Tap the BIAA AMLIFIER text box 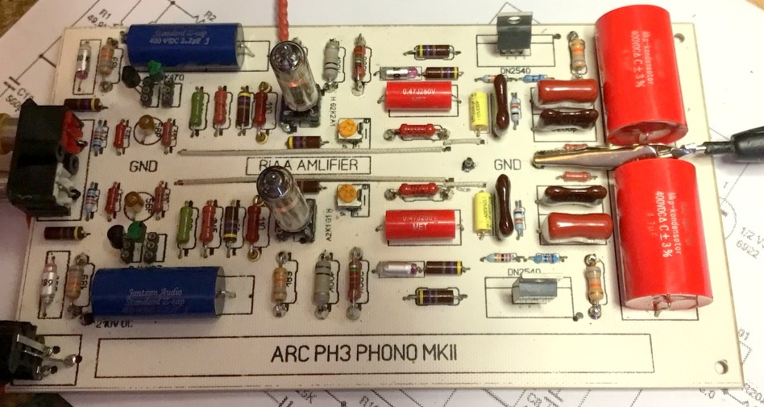[x=308, y=165]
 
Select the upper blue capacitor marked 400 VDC [x=186, y=40]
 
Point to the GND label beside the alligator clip [x=508, y=164]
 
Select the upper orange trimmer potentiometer [x=347, y=127]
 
